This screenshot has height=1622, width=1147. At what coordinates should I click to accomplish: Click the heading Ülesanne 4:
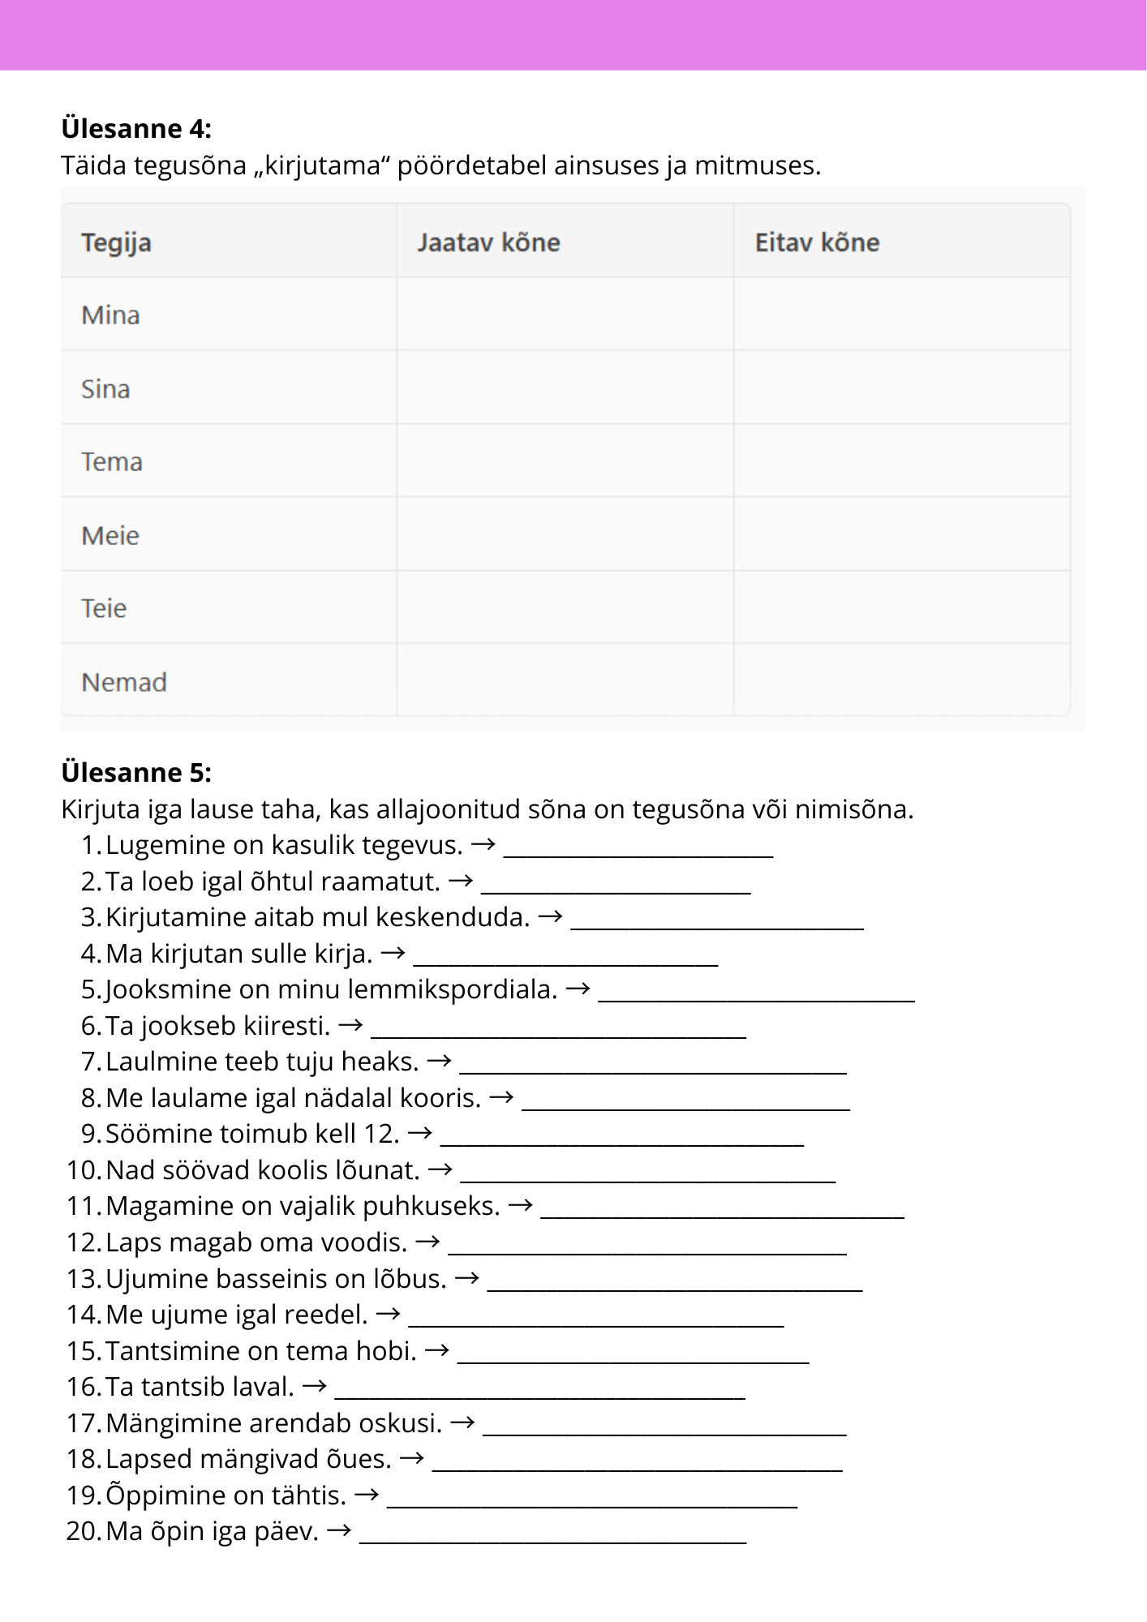click(136, 128)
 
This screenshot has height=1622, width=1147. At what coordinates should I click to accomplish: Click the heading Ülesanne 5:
click(136, 772)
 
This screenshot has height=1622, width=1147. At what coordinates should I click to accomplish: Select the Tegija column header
click(116, 242)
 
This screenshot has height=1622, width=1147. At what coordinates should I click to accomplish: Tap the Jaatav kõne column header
click(488, 242)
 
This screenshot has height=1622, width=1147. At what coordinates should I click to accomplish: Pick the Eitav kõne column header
click(817, 242)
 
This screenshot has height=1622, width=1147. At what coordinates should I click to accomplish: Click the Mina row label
click(110, 315)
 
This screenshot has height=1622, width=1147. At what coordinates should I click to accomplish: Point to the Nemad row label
click(124, 682)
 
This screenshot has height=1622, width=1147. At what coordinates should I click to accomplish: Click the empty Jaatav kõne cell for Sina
click(565, 388)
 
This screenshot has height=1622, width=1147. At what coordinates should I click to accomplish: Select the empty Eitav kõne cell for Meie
click(901, 534)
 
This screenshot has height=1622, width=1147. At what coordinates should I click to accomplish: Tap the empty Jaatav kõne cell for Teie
click(565, 607)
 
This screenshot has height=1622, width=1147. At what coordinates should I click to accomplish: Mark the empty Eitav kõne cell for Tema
click(901, 461)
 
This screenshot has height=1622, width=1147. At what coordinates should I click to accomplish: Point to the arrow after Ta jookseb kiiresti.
click(350, 1025)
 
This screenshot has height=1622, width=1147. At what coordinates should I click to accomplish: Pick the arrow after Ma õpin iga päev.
click(339, 1531)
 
